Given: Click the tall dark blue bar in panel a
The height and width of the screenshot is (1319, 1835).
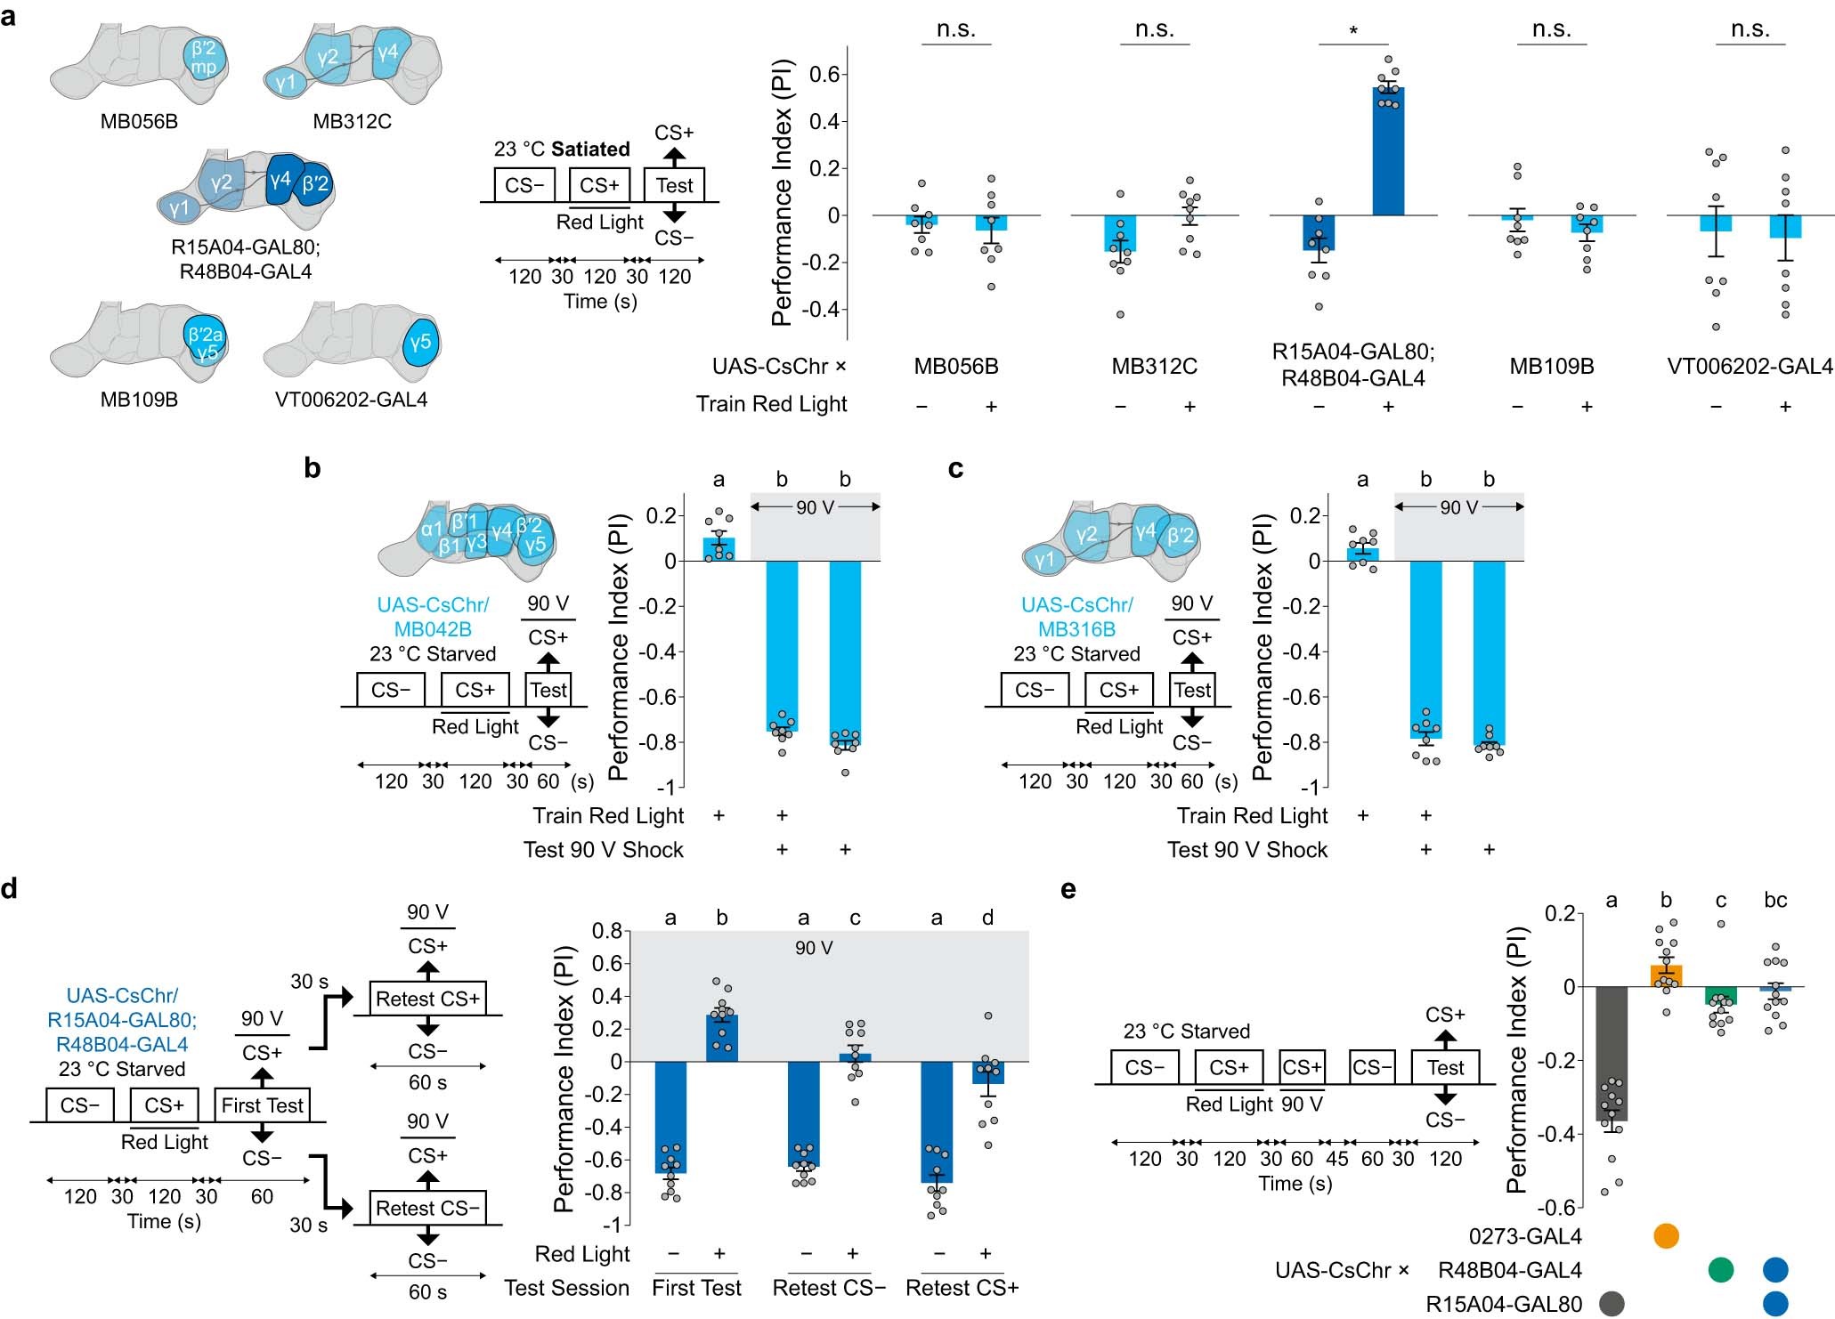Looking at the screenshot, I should (x=1388, y=151).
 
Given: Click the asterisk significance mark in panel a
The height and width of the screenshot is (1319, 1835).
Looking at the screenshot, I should (x=1353, y=32).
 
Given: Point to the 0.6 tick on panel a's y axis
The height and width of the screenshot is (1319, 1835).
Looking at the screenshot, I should (x=824, y=75).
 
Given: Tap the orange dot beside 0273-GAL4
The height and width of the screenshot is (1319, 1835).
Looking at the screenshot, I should (x=1665, y=1236).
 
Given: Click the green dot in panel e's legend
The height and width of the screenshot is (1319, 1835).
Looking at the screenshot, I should (x=1721, y=1270).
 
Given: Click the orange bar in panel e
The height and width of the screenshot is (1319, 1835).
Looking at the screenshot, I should (x=1666, y=976).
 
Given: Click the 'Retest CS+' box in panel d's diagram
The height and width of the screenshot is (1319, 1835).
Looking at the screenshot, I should (x=427, y=999).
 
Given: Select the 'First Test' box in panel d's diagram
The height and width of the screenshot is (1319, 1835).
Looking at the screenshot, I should (x=262, y=1105).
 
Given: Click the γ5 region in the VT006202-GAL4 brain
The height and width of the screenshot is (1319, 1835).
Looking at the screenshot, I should (x=420, y=343).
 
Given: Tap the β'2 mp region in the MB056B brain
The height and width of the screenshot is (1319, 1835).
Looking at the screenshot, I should (x=205, y=58).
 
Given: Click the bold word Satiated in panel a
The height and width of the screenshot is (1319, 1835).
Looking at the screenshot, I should (x=590, y=149).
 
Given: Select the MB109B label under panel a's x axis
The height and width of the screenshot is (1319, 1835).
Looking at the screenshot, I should (x=1551, y=367).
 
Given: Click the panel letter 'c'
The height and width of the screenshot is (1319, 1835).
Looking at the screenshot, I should (x=955, y=468).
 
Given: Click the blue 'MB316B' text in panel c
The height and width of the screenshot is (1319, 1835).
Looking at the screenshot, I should (x=1076, y=629).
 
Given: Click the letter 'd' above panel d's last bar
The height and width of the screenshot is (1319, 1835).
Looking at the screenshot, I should (x=987, y=918).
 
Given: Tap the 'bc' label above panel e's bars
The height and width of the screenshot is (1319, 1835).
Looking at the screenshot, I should (x=1774, y=901).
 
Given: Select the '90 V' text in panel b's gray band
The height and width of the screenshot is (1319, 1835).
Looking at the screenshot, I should (x=816, y=507).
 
